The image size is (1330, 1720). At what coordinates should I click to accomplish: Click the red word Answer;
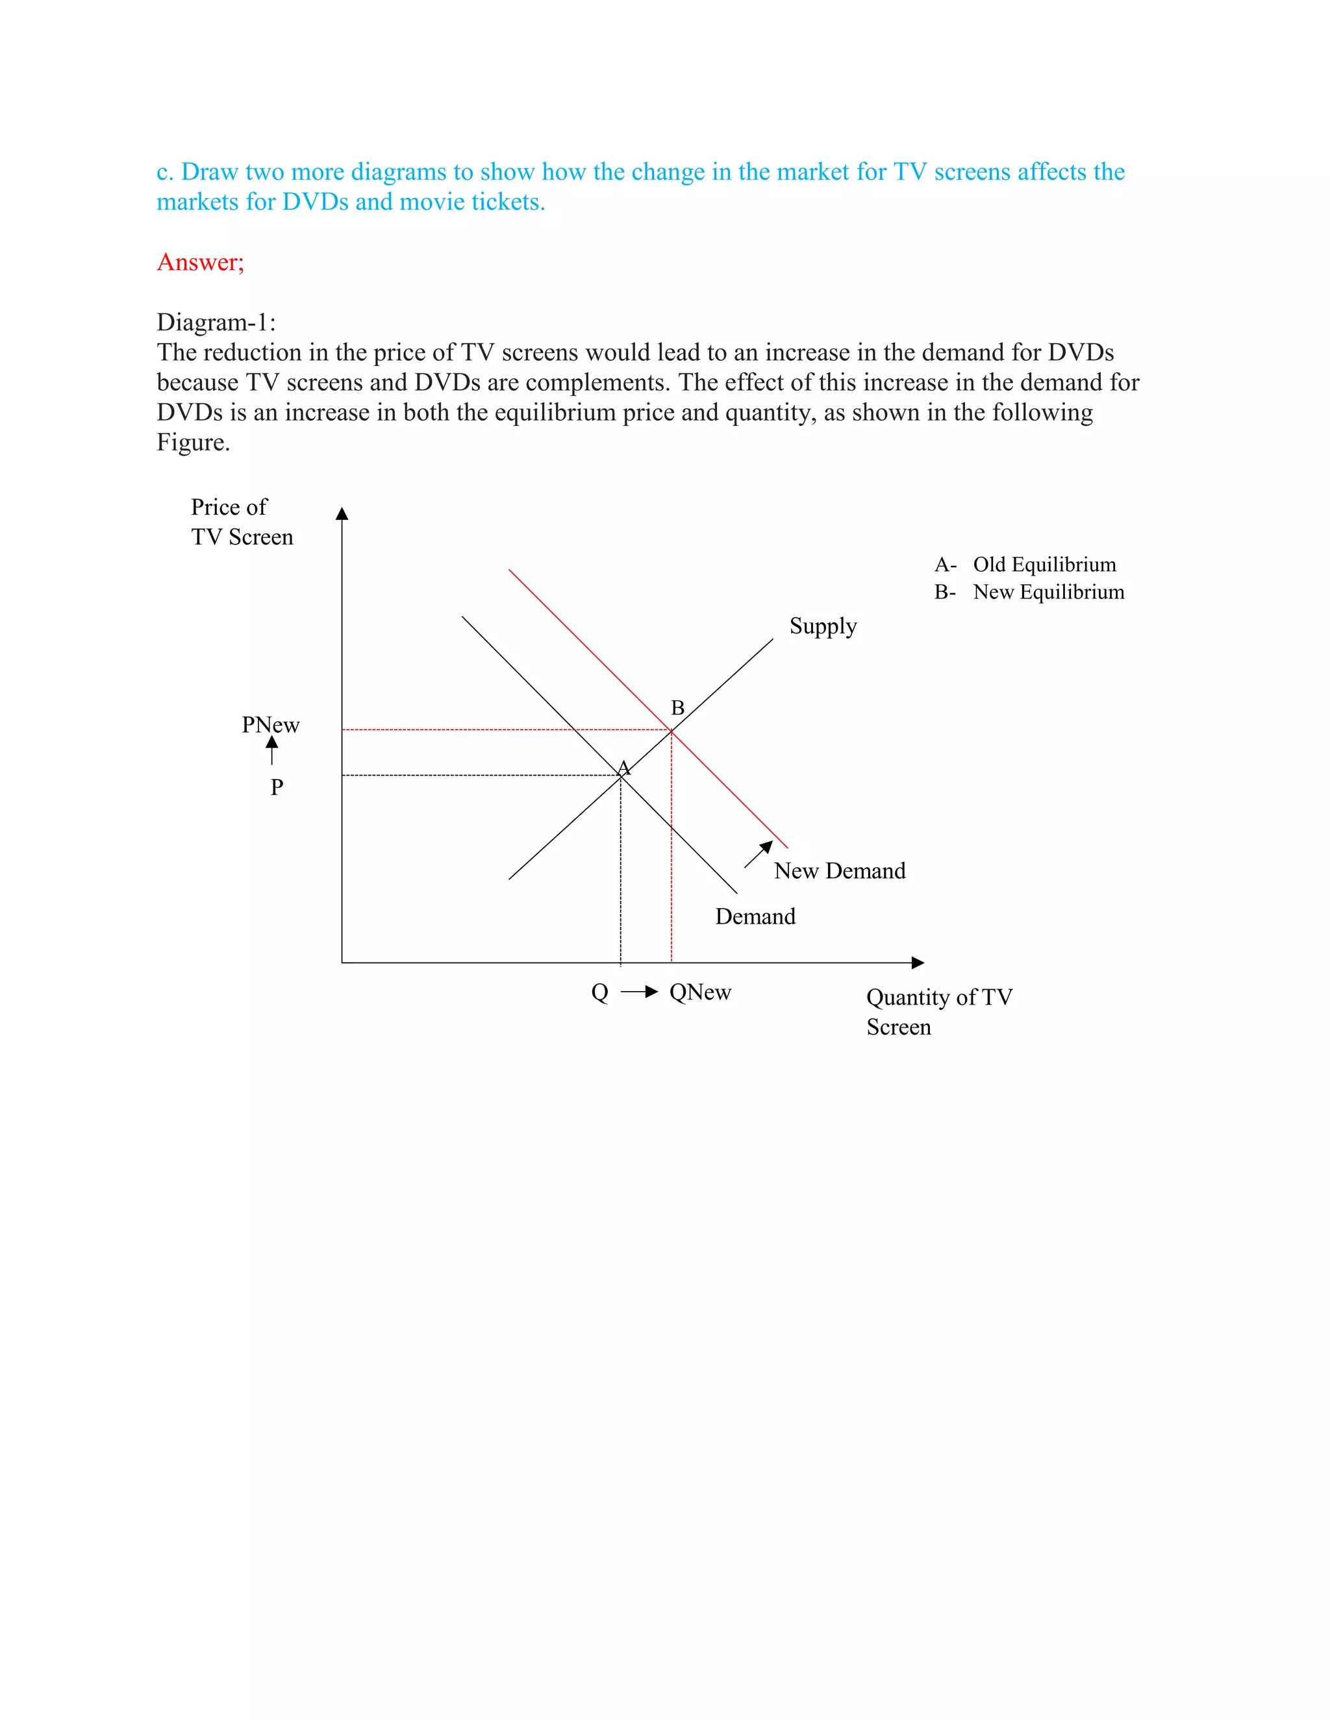tap(200, 262)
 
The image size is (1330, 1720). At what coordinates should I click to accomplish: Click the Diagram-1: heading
tap(216, 322)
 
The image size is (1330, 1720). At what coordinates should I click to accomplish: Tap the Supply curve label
tap(823, 626)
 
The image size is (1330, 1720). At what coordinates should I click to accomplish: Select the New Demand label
tap(839, 870)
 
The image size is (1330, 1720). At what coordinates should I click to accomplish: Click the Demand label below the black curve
tap(755, 916)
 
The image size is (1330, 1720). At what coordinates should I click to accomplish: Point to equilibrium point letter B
tap(677, 707)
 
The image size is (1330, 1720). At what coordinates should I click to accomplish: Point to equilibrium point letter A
tap(623, 767)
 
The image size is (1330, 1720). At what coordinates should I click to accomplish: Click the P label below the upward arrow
tap(277, 787)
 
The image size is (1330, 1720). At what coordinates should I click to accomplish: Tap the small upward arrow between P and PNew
tap(272, 750)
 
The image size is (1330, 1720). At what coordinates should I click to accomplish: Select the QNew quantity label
tap(699, 992)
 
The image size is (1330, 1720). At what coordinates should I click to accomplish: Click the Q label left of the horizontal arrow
tap(599, 992)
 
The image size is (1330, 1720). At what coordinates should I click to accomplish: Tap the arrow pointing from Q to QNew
tap(639, 992)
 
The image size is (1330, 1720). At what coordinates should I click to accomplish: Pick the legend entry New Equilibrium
tap(1048, 592)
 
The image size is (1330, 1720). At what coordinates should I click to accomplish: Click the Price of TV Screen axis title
tap(241, 521)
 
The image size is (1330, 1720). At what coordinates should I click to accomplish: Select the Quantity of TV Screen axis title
tap(938, 1012)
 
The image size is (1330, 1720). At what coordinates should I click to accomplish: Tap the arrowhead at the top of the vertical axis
tap(342, 513)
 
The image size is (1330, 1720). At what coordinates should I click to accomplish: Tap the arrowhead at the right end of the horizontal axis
tap(918, 963)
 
